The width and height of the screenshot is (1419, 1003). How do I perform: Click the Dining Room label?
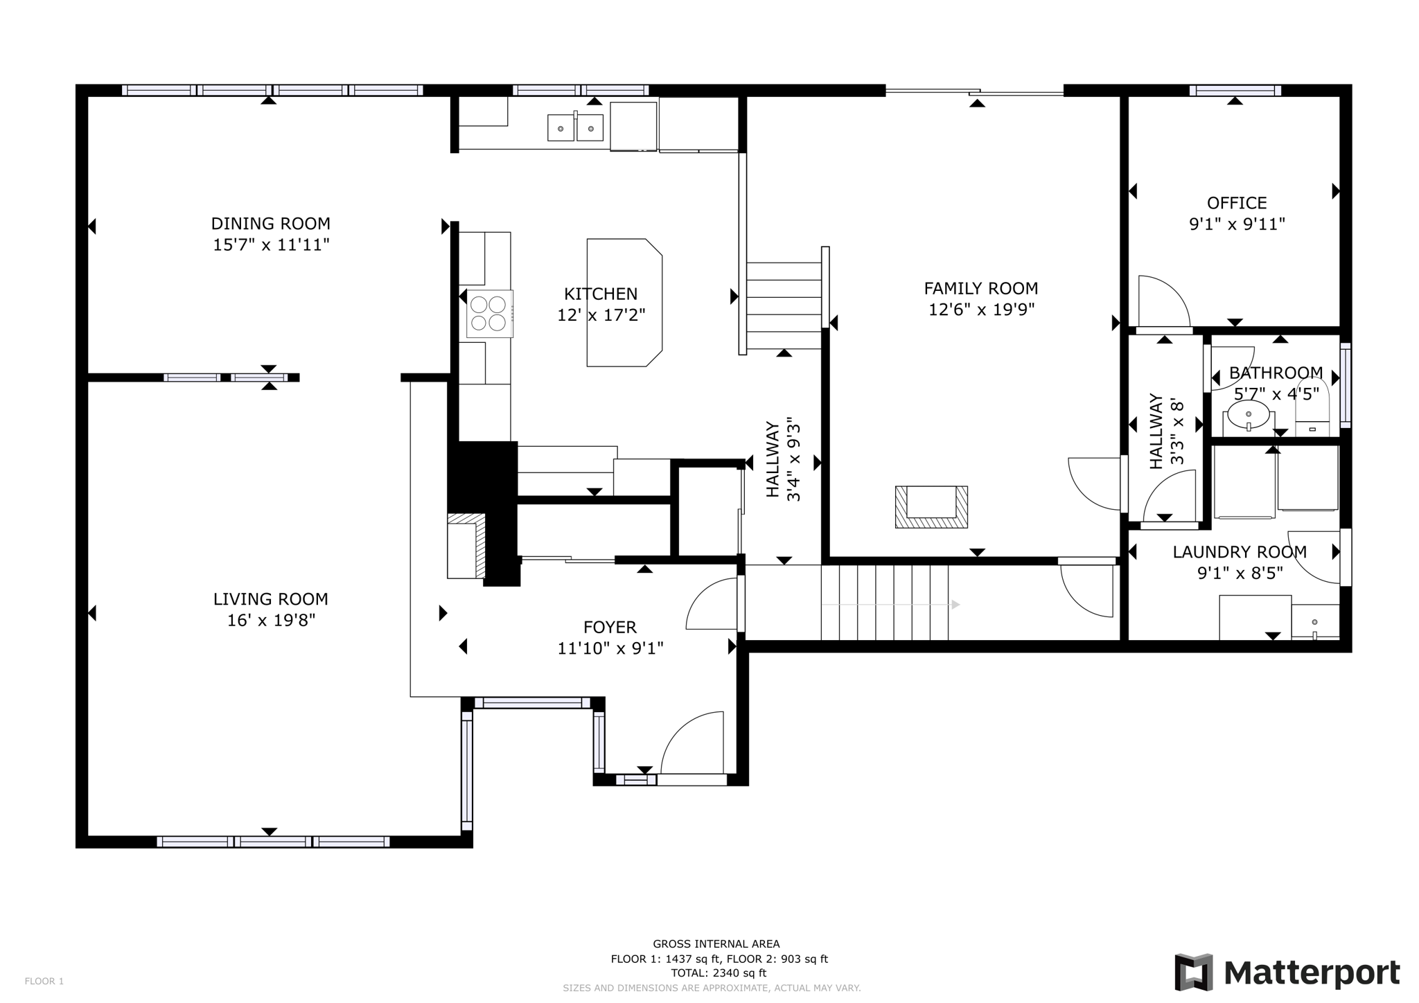point(270,224)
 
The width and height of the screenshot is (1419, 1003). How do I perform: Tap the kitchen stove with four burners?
point(488,313)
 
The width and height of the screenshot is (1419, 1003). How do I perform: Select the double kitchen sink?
point(575,128)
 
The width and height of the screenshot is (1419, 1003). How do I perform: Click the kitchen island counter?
point(624,303)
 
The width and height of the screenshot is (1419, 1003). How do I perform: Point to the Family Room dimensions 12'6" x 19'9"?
point(981,310)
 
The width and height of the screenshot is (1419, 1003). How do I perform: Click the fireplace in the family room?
point(931,506)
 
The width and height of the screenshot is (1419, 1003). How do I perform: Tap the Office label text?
point(1237,203)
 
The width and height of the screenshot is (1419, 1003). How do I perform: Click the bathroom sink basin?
point(1248,417)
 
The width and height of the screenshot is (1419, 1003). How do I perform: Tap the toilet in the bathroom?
point(1312,409)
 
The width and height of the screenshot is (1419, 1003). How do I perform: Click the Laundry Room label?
point(1240,552)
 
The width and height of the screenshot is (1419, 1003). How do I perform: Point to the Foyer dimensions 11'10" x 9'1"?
point(610,648)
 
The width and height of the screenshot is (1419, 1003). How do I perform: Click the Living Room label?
point(270,599)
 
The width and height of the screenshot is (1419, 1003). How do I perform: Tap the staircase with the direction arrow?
point(884,603)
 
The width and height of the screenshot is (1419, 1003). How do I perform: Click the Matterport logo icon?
point(1193,972)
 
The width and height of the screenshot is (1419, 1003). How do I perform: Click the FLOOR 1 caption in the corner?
point(44,981)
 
